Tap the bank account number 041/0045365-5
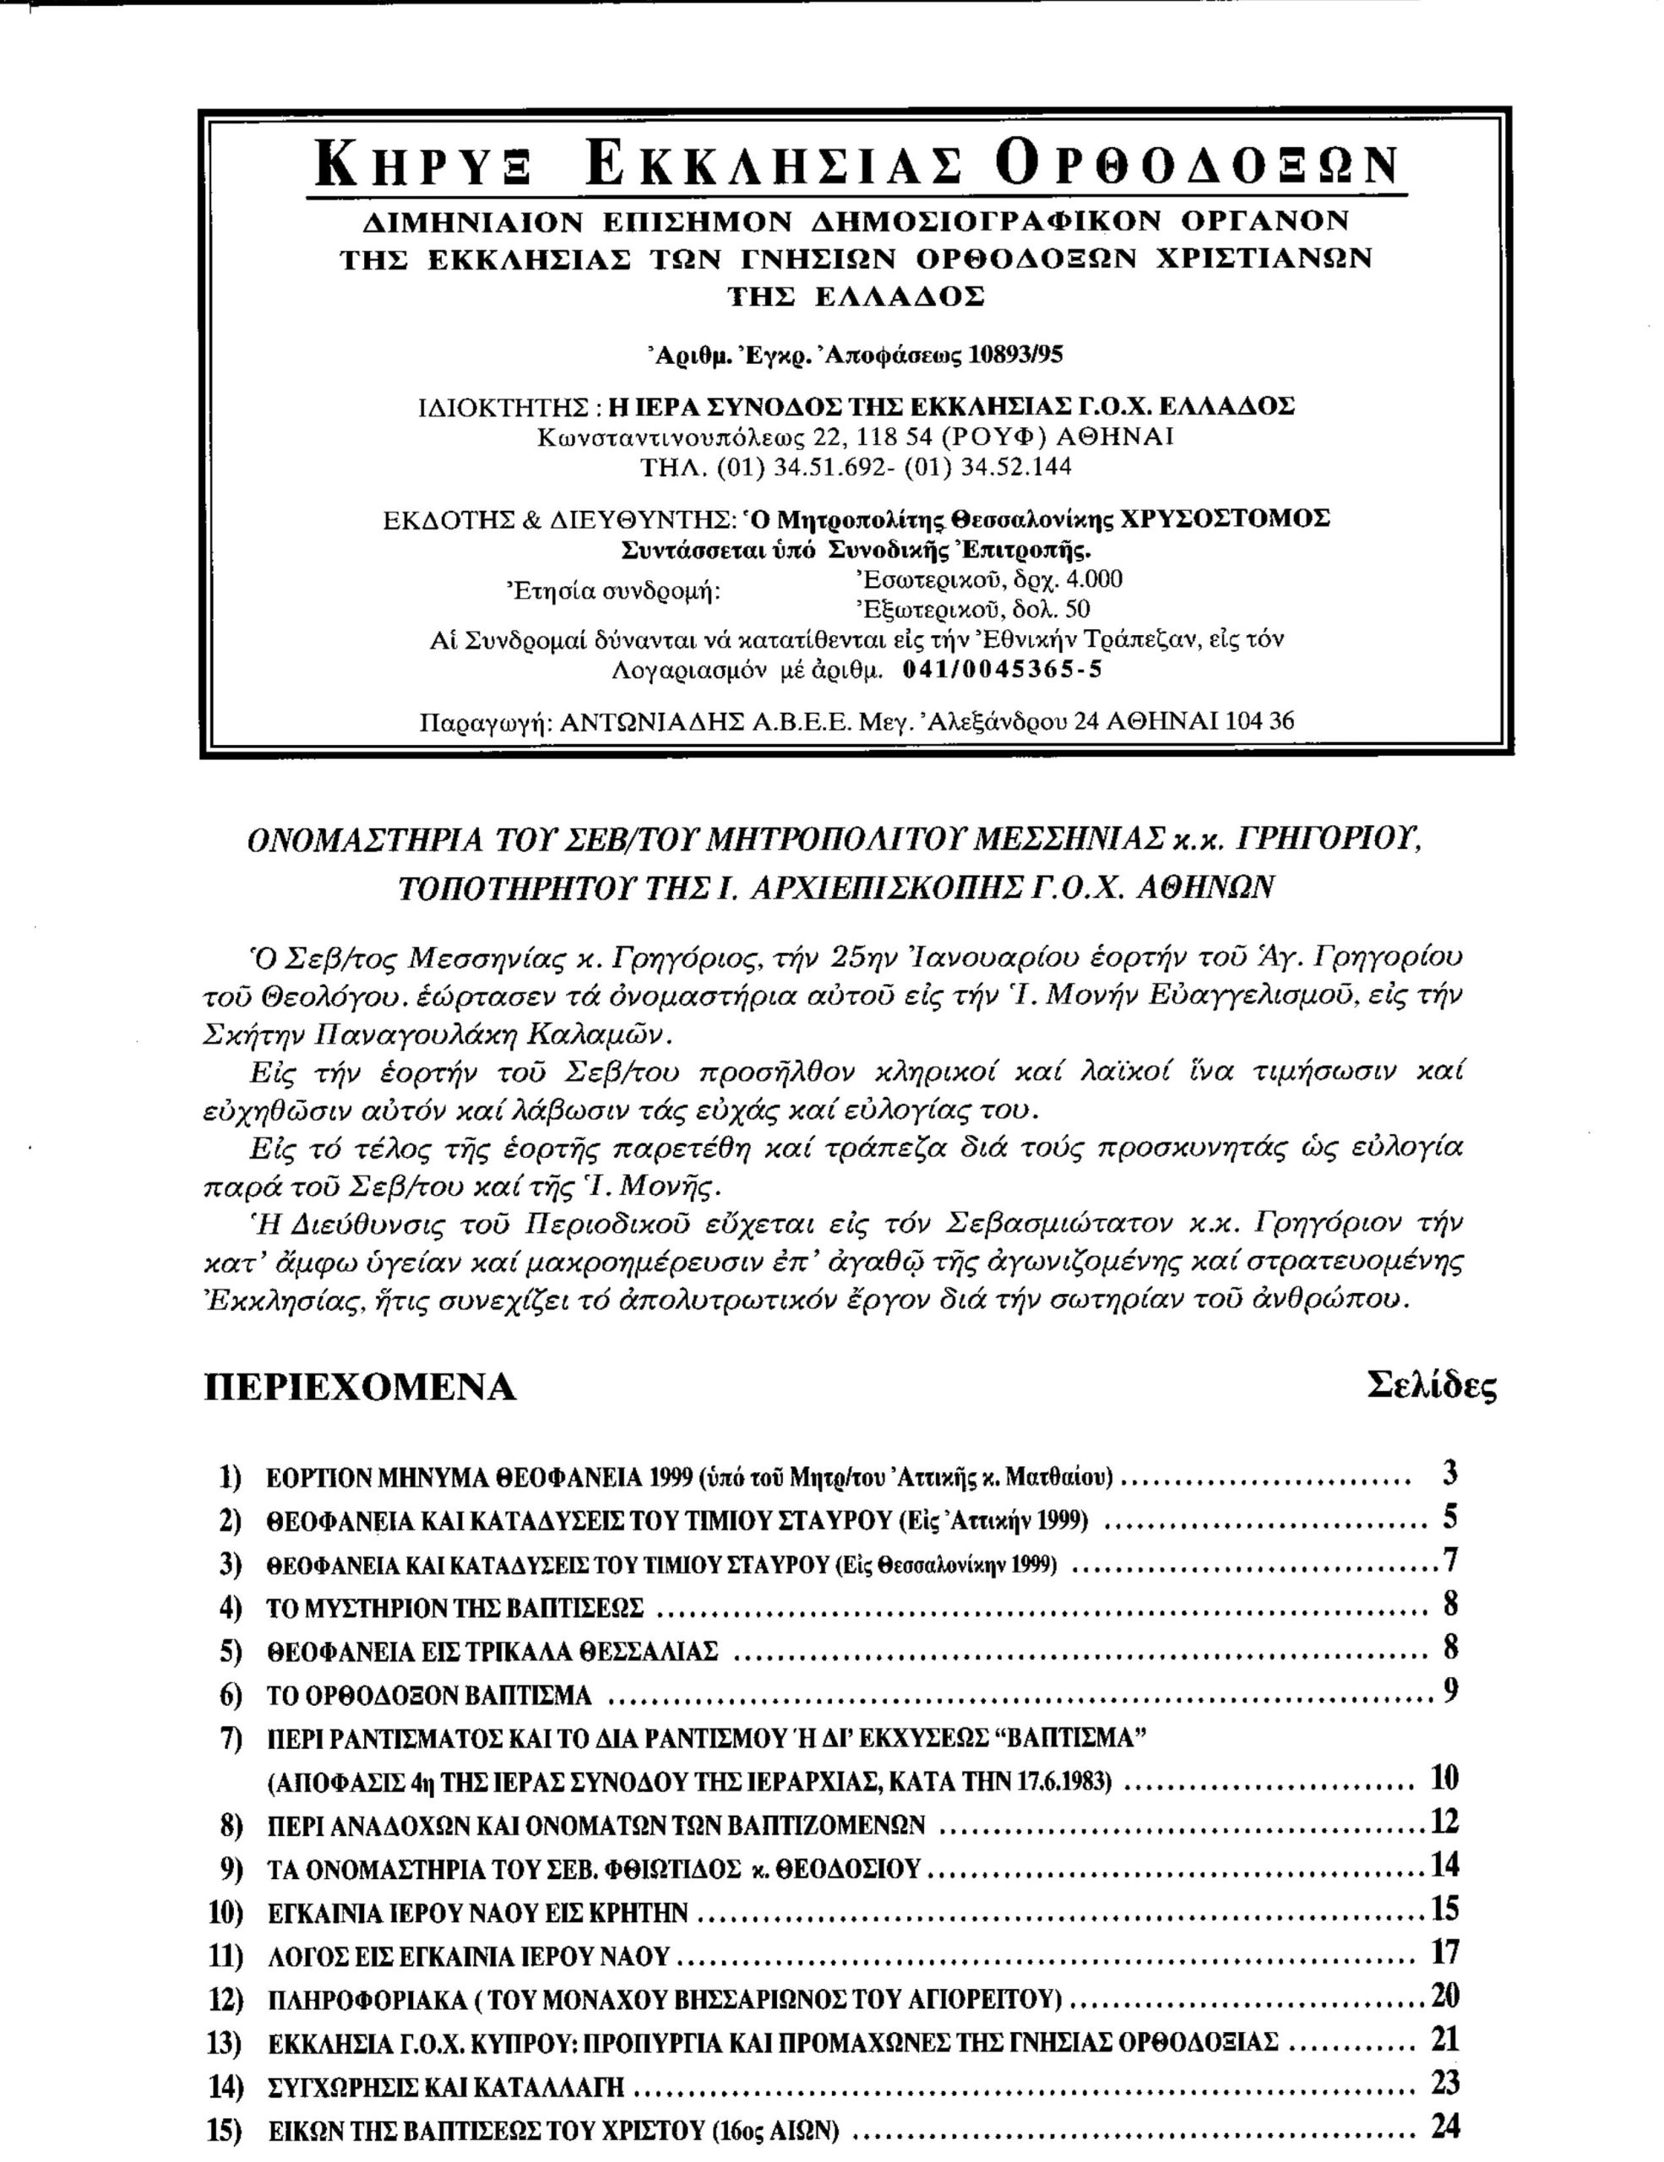[1002, 669]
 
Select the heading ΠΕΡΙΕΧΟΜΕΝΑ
[361, 1387]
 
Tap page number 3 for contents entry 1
[1450, 1474]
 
